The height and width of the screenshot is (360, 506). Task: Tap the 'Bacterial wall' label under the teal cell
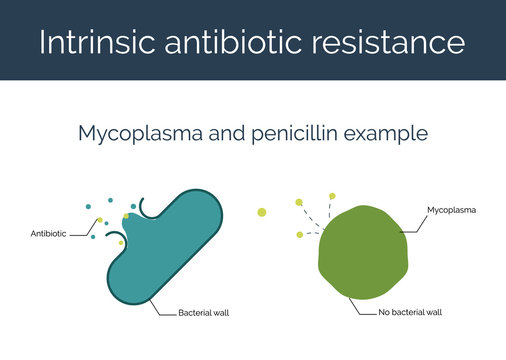tap(203, 313)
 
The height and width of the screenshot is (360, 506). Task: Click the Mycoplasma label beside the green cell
tap(451, 211)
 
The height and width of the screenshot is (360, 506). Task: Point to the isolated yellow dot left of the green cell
tap(262, 212)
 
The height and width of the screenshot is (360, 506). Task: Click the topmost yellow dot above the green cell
tap(332, 196)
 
